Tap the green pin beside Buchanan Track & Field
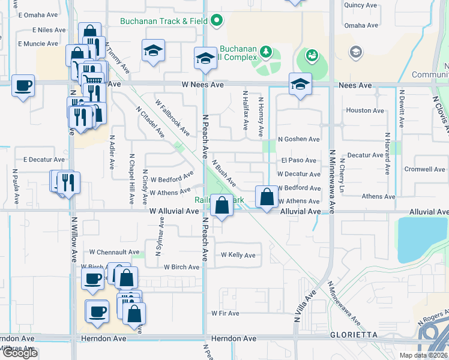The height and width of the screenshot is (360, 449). coord(218,22)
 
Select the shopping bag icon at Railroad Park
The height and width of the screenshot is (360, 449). coord(222,205)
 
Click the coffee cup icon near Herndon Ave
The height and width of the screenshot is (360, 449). coord(97,312)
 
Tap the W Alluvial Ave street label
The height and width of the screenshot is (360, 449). coord(174,211)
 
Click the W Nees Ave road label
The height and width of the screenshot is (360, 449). coord(203,85)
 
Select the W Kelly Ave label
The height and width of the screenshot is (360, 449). coord(238,255)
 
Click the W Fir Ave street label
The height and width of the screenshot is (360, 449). coord(225,313)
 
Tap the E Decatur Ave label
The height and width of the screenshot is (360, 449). coord(43,160)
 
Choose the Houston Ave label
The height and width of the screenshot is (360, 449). coord(365,110)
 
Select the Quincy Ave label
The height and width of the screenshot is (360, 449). coord(361,5)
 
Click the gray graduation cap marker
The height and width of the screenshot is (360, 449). coord(356,52)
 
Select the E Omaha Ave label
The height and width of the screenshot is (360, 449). coord(39,14)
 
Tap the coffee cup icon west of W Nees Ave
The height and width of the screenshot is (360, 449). coord(23,86)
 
